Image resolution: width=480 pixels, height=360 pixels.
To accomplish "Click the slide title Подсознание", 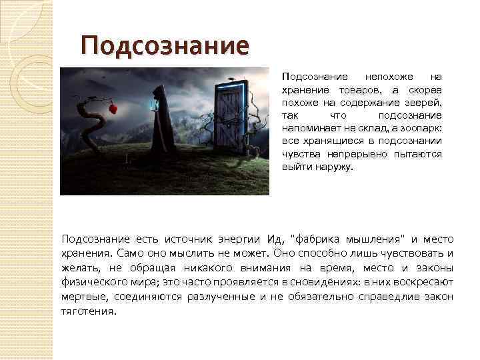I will [x=165, y=46].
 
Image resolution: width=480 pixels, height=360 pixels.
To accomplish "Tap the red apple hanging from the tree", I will [x=113, y=108].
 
